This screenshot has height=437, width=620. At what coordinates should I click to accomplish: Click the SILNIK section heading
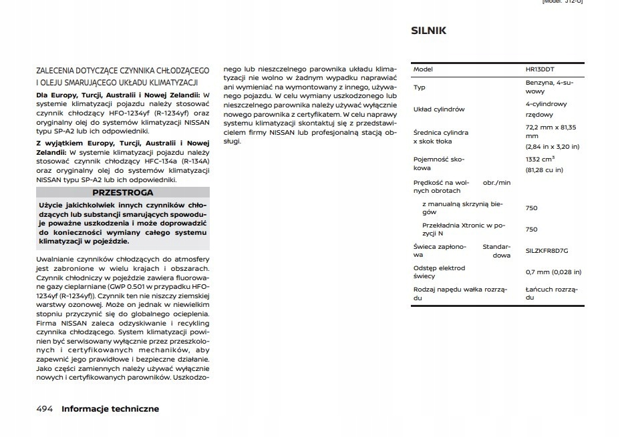pos(428,31)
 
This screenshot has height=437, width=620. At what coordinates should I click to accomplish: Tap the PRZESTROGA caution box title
pos(123,192)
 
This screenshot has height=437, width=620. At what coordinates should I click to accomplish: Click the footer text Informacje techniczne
pos(110,408)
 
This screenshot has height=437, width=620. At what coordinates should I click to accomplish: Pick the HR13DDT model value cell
pos(540,69)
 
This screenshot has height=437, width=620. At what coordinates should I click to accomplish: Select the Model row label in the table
pos(423,69)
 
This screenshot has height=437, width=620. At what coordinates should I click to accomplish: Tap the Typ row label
pos(419,87)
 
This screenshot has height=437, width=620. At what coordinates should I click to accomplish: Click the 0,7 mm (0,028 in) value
pos(553,272)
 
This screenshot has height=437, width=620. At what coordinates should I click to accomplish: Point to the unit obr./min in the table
pos(496,182)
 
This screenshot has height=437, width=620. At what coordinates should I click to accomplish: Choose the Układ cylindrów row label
pos(438,109)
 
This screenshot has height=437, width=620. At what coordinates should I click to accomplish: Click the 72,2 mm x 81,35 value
pos(551,127)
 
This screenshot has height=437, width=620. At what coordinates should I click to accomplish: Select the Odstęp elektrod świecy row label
pos(439,272)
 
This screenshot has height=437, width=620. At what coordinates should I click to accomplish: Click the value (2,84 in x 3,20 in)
pos(553,146)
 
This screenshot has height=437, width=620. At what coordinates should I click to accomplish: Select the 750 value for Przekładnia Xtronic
pos(531,230)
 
